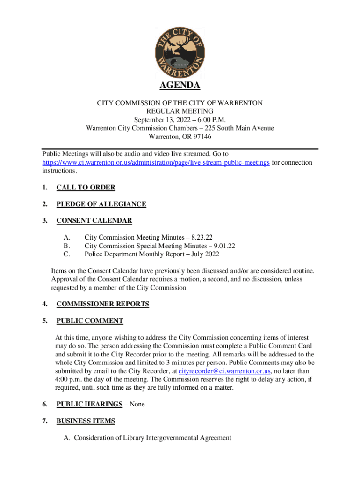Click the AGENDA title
(x=180, y=86)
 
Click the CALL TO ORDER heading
(x=86, y=188)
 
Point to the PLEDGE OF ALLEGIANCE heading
(x=101, y=204)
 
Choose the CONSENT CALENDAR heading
(x=94, y=220)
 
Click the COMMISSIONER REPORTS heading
(x=102, y=304)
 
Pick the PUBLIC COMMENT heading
(x=90, y=321)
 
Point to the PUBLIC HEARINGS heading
(x=90, y=404)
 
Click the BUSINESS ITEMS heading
(x=86, y=421)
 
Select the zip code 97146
(x=200, y=137)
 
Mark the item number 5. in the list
(x=45, y=321)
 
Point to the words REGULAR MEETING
(x=180, y=111)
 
